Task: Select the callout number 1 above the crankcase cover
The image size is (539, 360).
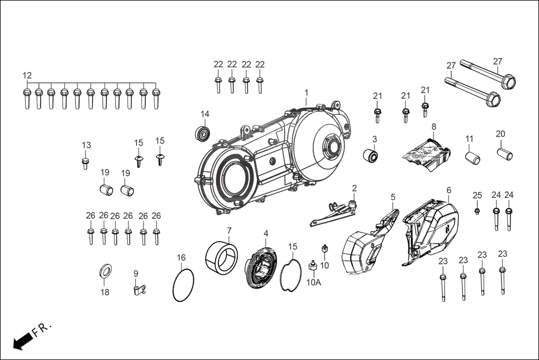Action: point(306,92)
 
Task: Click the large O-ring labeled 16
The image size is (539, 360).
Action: point(183,285)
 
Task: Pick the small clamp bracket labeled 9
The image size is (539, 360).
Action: point(138,289)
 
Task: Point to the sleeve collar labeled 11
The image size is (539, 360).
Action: point(474,157)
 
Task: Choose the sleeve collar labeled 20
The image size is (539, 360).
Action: point(505,153)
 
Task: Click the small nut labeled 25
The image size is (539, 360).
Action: point(478,210)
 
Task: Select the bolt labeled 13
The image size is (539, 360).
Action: point(85,163)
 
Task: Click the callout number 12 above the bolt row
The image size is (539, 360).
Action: point(27,76)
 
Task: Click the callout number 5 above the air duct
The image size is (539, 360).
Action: point(393,197)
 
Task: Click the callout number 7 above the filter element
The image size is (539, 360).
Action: point(229,231)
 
